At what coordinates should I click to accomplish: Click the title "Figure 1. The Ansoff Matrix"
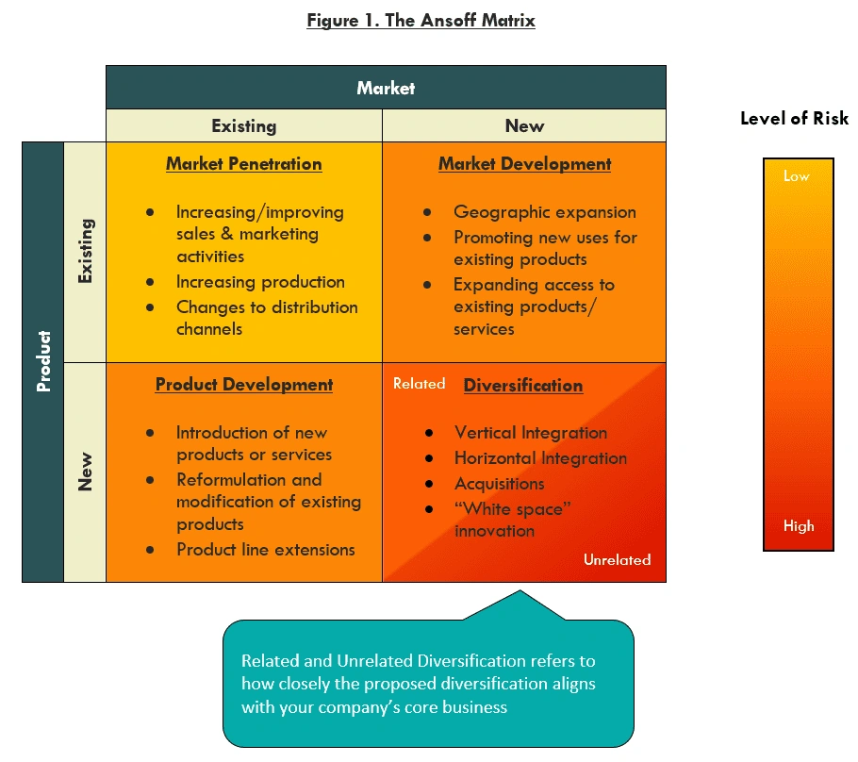click(421, 20)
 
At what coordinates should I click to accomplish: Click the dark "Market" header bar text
click(386, 88)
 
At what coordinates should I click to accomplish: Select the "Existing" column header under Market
click(243, 125)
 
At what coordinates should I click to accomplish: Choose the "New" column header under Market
click(524, 125)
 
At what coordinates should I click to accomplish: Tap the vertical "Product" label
click(42, 361)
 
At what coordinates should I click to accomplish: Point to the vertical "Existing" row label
click(85, 251)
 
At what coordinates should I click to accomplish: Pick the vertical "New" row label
click(85, 472)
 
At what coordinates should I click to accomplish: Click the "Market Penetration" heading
click(243, 164)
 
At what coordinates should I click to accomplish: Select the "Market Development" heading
click(524, 164)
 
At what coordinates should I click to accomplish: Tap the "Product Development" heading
click(243, 385)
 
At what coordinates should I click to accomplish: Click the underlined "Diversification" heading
click(522, 386)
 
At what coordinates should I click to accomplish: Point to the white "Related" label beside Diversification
click(419, 384)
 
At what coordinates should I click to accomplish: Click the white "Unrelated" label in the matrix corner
click(617, 560)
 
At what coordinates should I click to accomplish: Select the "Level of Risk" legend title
click(794, 119)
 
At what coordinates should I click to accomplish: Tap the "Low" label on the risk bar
click(796, 176)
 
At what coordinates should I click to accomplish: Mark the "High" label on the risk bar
click(798, 526)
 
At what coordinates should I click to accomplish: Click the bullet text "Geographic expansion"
click(544, 212)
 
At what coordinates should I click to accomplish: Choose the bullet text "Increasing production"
click(260, 282)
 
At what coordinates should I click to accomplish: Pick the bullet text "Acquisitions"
click(499, 484)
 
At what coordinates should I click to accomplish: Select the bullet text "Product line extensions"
click(265, 550)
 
